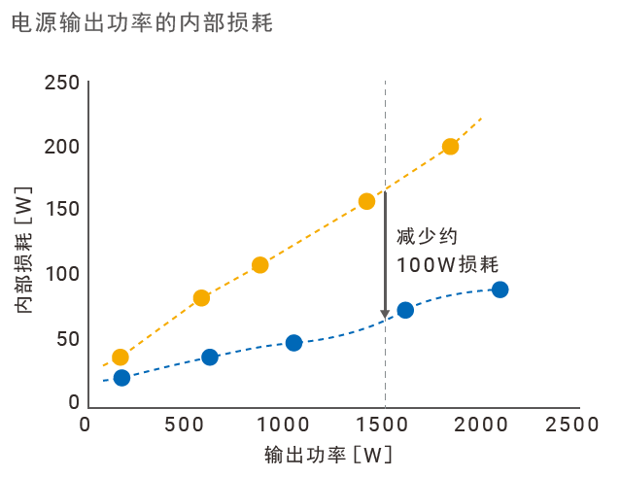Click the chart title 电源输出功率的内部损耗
click(x=142, y=23)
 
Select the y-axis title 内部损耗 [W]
click(x=25, y=248)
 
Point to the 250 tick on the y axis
click(x=62, y=84)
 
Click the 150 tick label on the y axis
click(x=62, y=211)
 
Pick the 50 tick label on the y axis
click(x=67, y=339)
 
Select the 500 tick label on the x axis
click(x=185, y=426)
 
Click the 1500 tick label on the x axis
click(x=385, y=426)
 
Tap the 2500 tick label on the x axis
click(x=572, y=426)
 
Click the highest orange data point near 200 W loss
click(x=450, y=147)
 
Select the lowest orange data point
click(x=121, y=358)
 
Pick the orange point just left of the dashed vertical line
click(x=366, y=201)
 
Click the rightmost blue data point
click(x=499, y=290)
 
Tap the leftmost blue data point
click(x=121, y=378)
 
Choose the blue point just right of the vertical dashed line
click(x=405, y=310)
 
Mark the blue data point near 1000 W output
click(x=293, y=343)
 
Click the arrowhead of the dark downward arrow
click(x=385, y=312)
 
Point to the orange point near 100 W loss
click(x=259, y=265)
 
